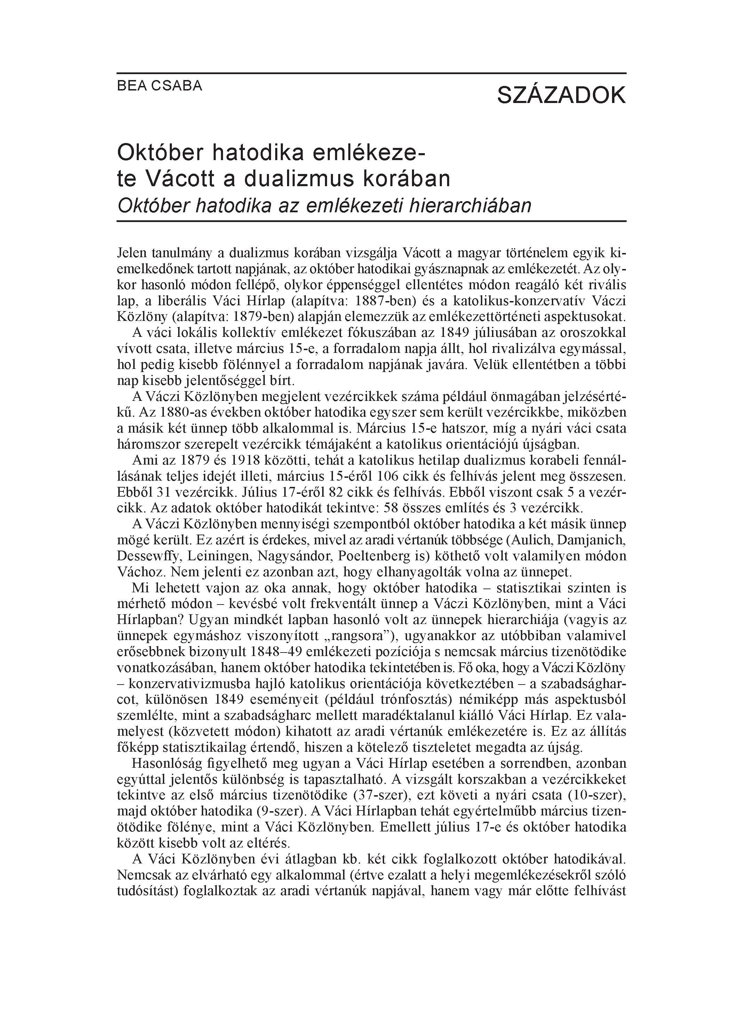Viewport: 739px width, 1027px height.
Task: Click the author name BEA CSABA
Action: tap(159, 86)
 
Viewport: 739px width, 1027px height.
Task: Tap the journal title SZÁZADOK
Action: tap(561, 96)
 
